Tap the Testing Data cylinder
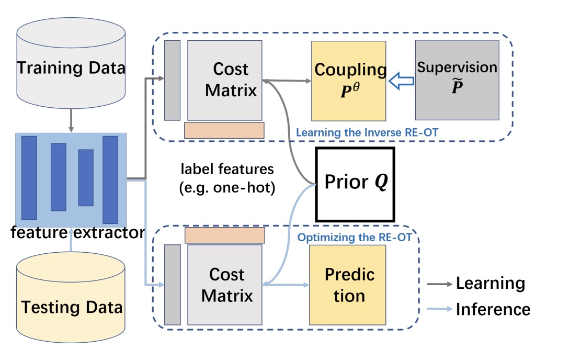(x=71, y=298)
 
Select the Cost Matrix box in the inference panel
(x=225, y=285)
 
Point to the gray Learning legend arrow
(x=438, y=284)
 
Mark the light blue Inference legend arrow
(x=438, y=310)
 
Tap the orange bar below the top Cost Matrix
(x=224, y=130)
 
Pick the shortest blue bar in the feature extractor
(x=86, y=177)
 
